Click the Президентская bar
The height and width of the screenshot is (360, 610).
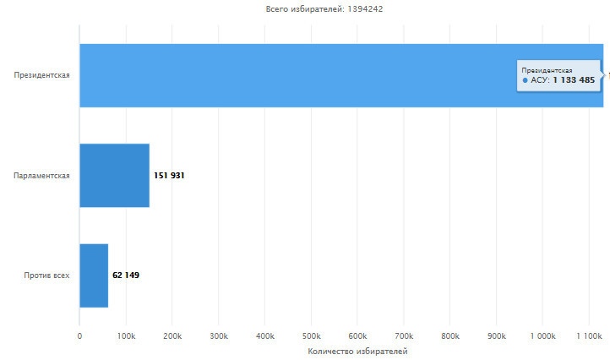(296, 75)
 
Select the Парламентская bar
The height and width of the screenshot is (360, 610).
(114, 175)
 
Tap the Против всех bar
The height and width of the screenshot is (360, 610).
(94, 275)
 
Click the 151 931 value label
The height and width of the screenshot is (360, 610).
(169, 176)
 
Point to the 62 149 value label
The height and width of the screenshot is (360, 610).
(126, 275)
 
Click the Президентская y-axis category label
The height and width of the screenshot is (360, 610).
(41, 75)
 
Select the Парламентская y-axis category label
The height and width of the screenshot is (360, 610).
(41, 176)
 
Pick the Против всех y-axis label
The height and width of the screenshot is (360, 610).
(47, 275)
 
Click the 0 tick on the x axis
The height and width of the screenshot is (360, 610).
(79, 335)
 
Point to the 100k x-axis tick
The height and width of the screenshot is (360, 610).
(126, 335)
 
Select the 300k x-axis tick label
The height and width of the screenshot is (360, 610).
(218, 335)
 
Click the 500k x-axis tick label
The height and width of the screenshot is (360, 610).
(311, 335)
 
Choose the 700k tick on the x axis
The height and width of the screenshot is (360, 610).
(403, 335)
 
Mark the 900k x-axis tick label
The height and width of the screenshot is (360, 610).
(496, 335)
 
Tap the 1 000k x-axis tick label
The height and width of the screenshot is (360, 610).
(542, 335)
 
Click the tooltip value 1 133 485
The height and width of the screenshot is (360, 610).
(574, 80)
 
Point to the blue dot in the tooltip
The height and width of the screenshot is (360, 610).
(525, 80)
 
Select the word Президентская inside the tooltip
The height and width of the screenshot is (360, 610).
(547, 69)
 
